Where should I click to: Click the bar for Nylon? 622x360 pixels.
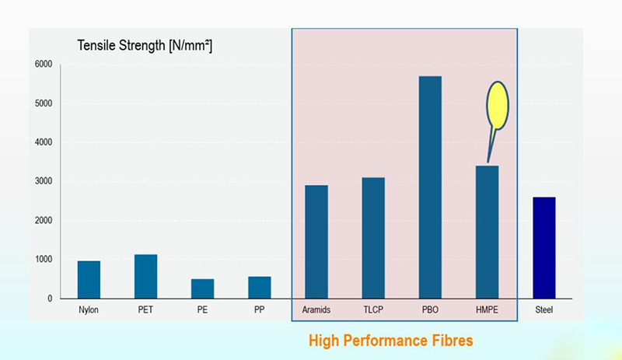[x=89, y=280]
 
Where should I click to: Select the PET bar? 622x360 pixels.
[x=145, y=277]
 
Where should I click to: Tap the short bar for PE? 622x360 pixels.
[x=202, y=288]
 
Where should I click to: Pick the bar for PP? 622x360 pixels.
[x=259, y=288]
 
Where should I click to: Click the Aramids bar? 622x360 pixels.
[x=316, y=242]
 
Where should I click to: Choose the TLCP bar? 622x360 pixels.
[x=373, y=238]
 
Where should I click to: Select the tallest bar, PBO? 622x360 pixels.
[x=430, y=187]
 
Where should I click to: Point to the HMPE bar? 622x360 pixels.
[x=487, y=232]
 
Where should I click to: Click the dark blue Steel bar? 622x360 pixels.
[x=543, y=248]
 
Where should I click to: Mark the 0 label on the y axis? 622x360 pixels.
[x=49, y=299]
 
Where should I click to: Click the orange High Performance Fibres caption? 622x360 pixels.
[x=390, y=341]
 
